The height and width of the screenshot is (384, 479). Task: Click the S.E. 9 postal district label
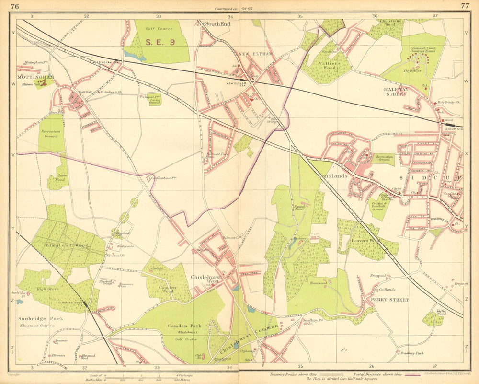tap(160, 42)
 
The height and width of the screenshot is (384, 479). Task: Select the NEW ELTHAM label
tap(255, 54)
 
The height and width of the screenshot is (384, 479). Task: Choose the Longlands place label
tap(332, 176)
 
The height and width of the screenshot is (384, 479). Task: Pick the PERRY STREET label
tap(389, 300)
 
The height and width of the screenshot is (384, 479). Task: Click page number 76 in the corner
tap(15, 6)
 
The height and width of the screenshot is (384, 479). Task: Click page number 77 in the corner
tap(465, 6)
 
